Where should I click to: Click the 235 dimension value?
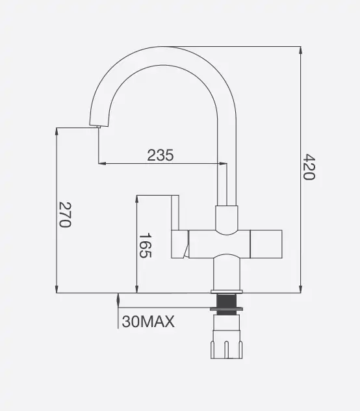161,155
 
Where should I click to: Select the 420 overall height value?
309,167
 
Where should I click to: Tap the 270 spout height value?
65,215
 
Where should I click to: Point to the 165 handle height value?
145,245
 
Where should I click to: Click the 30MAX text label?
148,321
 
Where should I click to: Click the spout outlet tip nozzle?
98,127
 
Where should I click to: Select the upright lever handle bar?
175,213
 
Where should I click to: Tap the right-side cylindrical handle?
266,244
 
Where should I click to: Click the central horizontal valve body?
219,244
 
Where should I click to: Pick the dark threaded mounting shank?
226,304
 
